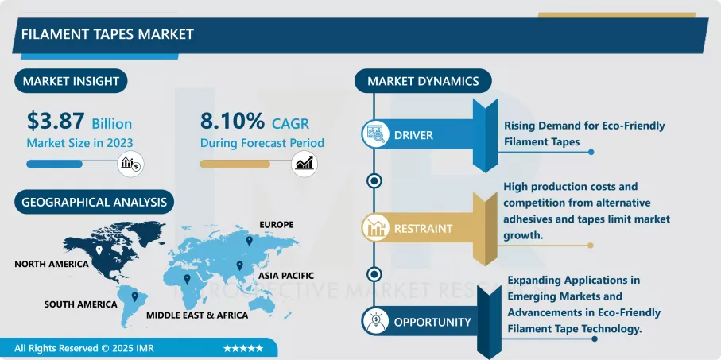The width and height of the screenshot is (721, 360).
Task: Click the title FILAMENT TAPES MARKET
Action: pos(107,35)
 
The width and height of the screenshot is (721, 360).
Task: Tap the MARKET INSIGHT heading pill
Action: pos(72,81)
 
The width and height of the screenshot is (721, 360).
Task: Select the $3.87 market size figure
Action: pos(56,122)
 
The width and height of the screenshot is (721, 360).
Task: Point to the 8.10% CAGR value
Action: pos(232,122)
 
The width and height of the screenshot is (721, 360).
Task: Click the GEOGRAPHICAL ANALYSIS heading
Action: pos(94,202)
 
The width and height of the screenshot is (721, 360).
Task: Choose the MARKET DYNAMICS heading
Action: pos(423,81)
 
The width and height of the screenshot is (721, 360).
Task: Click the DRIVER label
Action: pos(413,135)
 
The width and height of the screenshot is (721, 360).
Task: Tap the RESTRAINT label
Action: pos(423,229)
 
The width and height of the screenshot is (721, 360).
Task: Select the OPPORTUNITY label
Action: pos(432,322)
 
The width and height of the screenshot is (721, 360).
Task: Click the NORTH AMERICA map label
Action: pos(49,263)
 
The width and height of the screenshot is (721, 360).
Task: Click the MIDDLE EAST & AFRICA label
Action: pos(197,315)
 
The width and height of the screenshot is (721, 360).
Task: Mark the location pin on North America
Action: pos(99,251)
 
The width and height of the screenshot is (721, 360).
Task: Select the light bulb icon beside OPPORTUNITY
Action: pos(374,322)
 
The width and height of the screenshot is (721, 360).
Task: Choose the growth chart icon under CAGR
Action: pos(304,164)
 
